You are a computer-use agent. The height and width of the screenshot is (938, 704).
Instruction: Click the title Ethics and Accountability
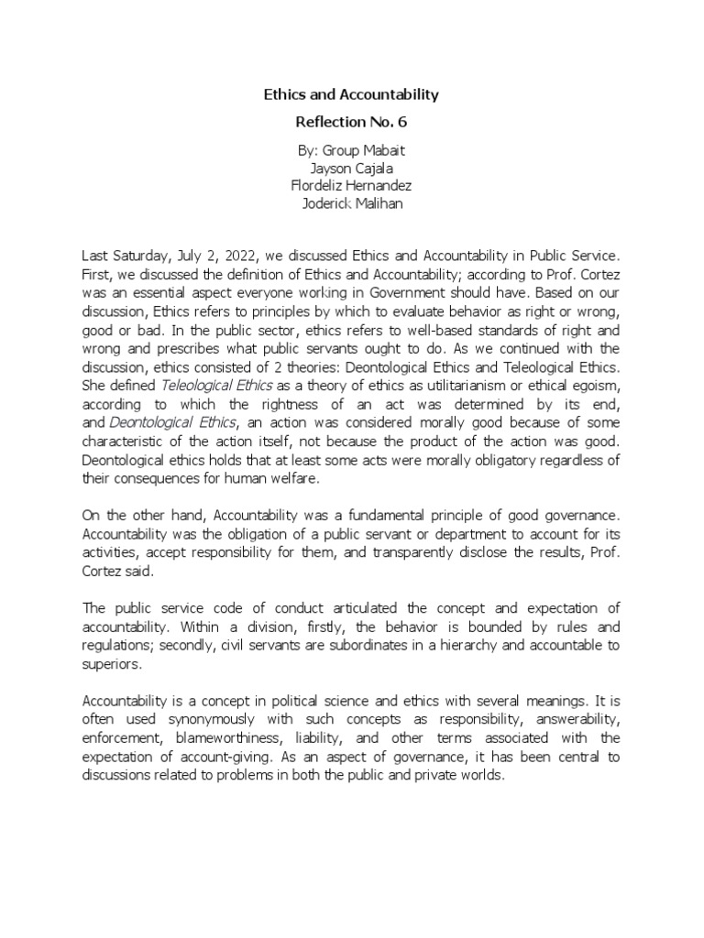coord(352,93)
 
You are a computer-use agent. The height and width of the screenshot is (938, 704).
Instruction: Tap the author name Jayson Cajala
coord(352,169)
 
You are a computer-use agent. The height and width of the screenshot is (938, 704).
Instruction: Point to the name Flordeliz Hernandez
coord(352,185)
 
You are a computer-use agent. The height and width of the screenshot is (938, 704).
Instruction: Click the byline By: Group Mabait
coord(352,152)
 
